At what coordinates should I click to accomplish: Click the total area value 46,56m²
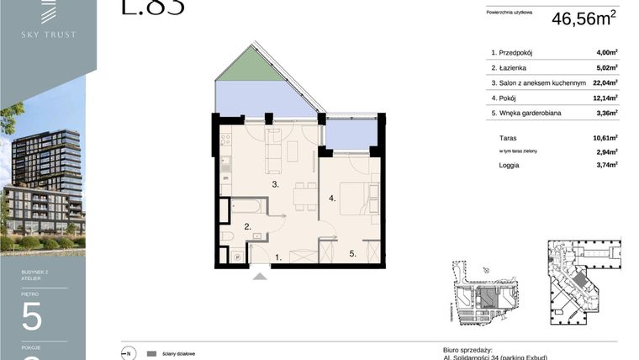coord(584,19)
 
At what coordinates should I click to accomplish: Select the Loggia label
coord(509,166)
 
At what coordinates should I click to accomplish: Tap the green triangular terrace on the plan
coord(249,66)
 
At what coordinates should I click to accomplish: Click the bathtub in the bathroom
coord(243,207)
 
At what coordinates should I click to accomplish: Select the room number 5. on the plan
coord(355,251)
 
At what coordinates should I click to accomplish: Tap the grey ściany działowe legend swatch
coord(151,353)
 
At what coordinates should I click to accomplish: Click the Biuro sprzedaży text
coord(467,349)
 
